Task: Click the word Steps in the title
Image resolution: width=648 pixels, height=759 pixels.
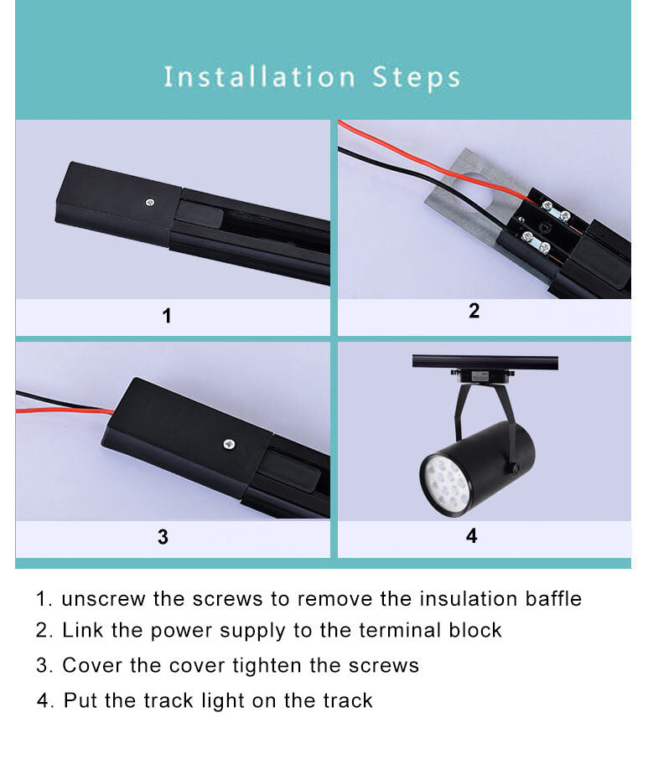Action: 417,77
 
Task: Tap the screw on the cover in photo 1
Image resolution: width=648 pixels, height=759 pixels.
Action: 148,201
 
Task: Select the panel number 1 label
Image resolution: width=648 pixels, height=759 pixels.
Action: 166,317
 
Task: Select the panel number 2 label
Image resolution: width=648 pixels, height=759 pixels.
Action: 474,311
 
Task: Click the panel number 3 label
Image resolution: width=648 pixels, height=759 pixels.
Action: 163,537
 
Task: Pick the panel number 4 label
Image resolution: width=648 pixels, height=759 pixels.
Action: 471,535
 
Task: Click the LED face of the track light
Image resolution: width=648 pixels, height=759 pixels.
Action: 448,483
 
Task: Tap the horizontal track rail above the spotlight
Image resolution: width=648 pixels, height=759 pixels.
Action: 485,362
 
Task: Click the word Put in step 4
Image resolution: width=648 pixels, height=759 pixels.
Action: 80,700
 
